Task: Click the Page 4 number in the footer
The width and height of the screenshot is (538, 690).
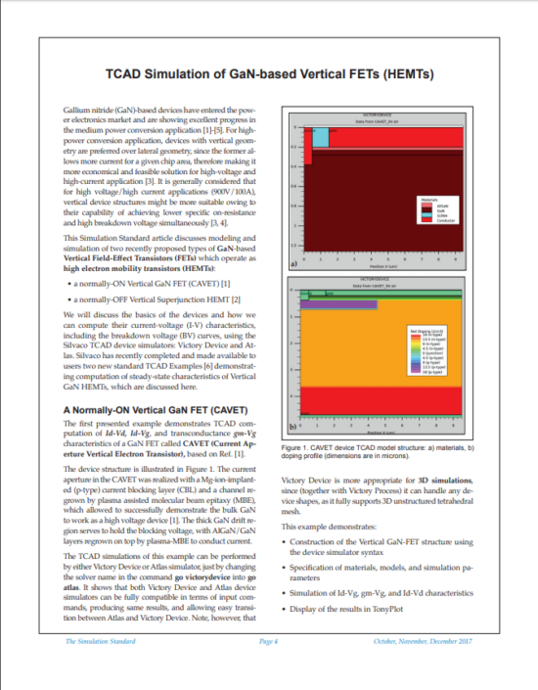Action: click(x=269, y=641)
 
